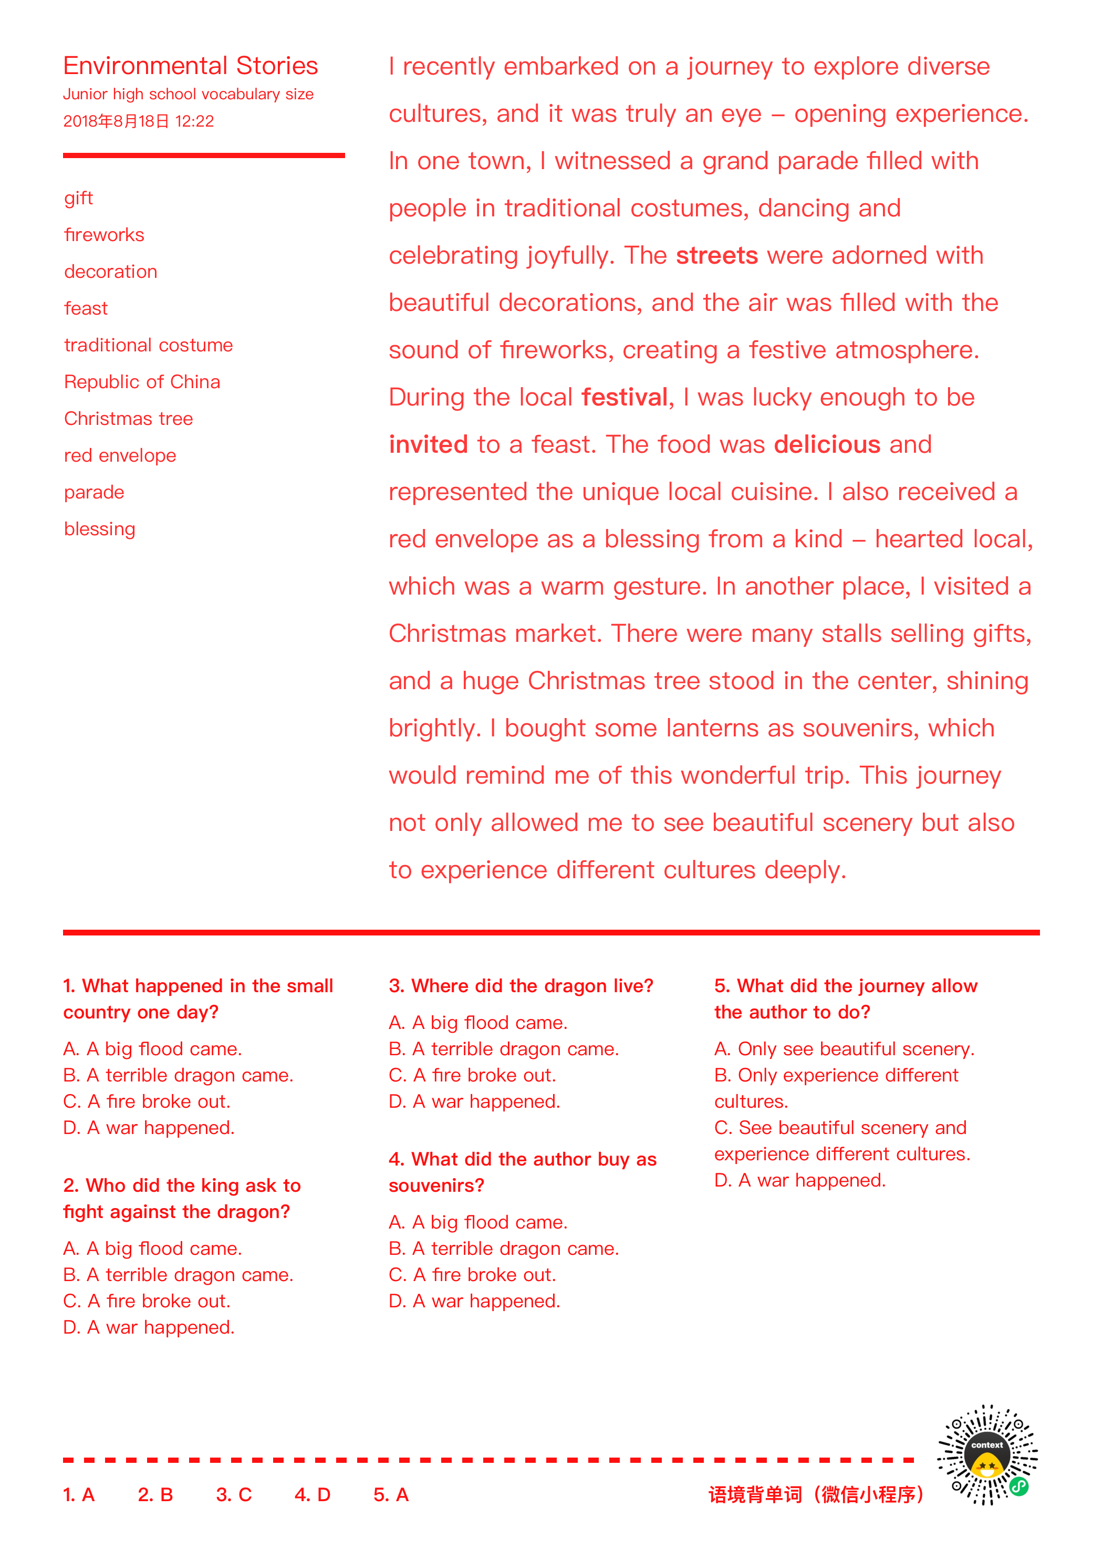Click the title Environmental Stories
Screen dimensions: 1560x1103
[x=190, y=66]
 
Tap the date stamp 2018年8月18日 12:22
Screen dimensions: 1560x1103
[x=139, y=122]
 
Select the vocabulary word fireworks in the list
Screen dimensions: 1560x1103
[x=104, y=235]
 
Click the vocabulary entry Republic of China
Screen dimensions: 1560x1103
[x=142, y=382]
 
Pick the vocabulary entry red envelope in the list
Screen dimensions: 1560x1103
[x=120, y=455]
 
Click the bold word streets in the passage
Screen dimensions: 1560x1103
[x=716, y=255]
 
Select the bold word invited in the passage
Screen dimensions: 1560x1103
[x=428, y=444]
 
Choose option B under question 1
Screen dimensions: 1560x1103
[x=178, y=1076]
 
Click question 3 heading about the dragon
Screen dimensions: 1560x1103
[x=521, y=986]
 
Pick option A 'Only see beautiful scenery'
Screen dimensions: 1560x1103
[x=844, y=1049]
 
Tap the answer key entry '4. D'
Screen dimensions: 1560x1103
[x=312, y=1495]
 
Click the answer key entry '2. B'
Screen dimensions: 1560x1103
[x=155, y=1495]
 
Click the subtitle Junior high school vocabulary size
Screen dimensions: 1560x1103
[x=188, y=95]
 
